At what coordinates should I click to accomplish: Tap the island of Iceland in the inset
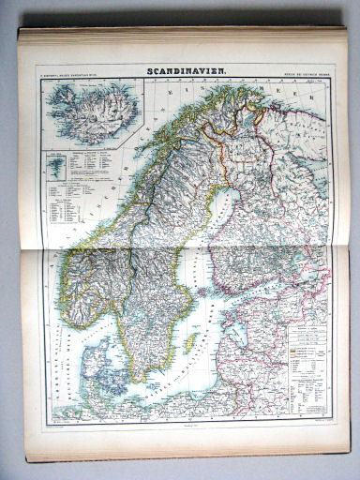click(90, 111)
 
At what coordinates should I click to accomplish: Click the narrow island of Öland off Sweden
click(172, 361)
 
